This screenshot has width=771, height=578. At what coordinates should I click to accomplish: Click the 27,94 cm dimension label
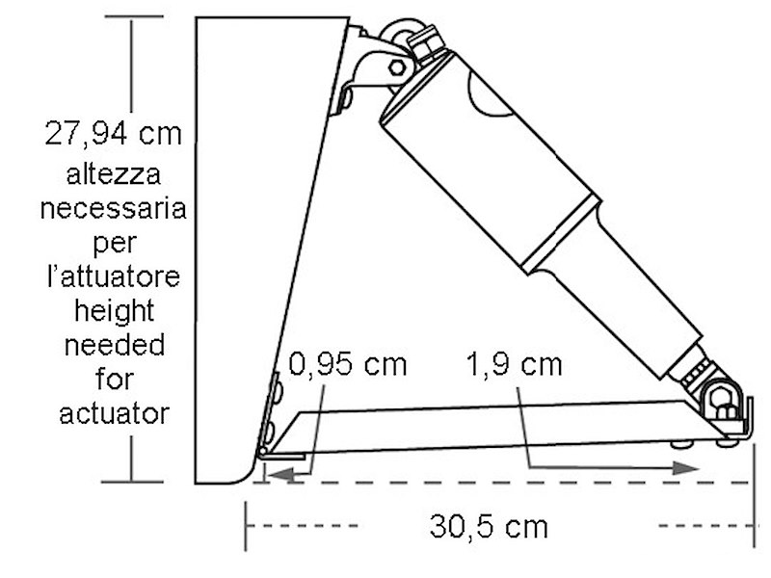[113, 133]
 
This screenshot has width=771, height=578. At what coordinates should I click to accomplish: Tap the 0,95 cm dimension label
[348, 364]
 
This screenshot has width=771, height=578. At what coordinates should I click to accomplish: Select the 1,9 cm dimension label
[514, 365]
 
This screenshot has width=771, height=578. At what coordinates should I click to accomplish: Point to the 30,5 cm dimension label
[489, 526]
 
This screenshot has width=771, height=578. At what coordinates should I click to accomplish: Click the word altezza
[114, 174]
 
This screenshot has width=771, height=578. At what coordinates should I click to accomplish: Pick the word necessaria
[113, 208]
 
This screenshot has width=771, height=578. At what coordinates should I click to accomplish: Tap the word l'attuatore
[114, 276]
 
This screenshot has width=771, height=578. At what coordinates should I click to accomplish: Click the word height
[115, 311]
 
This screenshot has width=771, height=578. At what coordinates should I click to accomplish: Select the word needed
[115, 345]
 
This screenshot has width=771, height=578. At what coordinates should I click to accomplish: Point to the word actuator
[114, 414]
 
